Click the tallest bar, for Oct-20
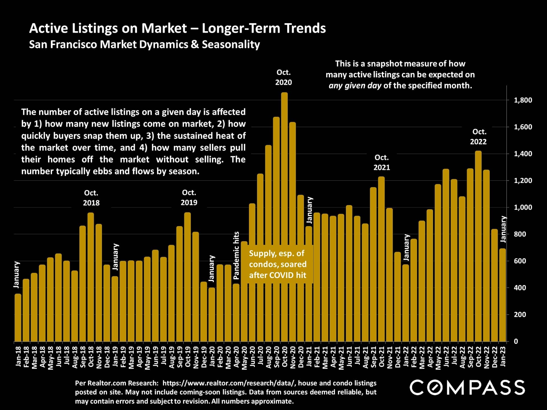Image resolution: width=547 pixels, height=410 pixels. point(284,216)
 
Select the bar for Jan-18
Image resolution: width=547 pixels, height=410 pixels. point(18,317)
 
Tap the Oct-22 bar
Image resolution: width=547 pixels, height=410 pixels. point(478,246)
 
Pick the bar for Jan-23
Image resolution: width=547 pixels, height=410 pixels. point(503,295)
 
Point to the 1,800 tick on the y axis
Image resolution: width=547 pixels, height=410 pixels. point(523,100)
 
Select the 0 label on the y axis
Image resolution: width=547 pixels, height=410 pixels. point(516,341)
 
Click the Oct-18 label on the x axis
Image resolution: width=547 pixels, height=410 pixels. point(91,357)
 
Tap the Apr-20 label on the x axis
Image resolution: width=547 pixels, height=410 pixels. point(236,358)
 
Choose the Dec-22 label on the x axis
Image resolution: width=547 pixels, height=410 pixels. point(495,358)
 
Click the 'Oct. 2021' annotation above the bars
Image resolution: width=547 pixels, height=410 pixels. point(381,162)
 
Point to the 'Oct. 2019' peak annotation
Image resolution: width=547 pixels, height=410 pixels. point(189,198)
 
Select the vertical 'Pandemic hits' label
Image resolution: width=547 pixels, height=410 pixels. point(236,255)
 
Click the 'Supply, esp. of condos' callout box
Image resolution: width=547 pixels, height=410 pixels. point(277,264)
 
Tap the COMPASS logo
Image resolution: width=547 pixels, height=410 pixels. point(467,388)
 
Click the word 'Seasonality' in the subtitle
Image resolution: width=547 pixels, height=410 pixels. point(231,44)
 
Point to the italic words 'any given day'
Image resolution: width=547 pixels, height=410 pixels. point(355,86)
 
